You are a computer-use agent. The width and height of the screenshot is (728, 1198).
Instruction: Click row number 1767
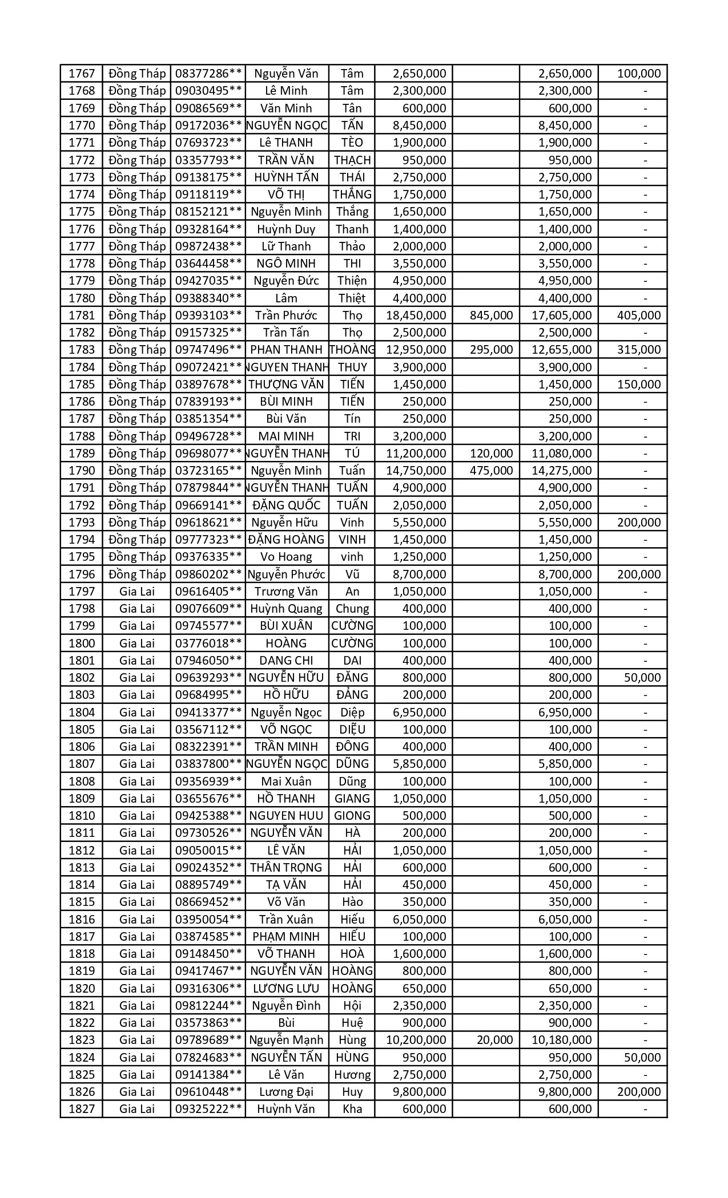(81, 74)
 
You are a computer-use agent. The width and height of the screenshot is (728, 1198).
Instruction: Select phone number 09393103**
(208, 315)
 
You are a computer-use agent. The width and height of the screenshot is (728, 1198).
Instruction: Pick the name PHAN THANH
(287, 350)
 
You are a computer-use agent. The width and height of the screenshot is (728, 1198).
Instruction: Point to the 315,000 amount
(639, 350)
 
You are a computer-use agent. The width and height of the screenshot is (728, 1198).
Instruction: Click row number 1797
(81, 592)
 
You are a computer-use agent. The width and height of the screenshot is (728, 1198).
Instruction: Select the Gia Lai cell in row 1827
(137, 1109)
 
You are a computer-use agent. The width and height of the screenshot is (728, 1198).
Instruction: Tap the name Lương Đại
(287, 1092)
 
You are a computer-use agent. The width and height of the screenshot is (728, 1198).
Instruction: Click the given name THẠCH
(352, 160)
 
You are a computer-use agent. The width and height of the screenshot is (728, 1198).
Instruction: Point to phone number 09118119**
(208, 195)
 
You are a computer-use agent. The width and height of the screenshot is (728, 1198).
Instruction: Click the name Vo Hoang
(287, 557)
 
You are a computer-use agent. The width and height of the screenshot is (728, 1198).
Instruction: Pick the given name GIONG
(352, 816)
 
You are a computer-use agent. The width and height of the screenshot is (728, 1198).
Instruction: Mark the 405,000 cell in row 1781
(639, 315)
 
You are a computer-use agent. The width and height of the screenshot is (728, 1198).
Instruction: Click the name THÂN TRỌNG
(287, 868)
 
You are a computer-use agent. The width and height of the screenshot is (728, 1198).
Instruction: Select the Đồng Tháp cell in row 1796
(137, 574)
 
